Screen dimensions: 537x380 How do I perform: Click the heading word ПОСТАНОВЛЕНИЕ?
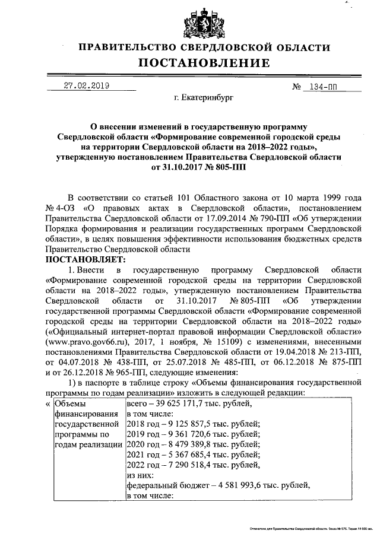click(x=204, y=63)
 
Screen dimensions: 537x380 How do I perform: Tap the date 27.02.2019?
click(x=87, y=85)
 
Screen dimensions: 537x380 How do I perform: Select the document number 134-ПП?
click(x=319, y=87)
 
